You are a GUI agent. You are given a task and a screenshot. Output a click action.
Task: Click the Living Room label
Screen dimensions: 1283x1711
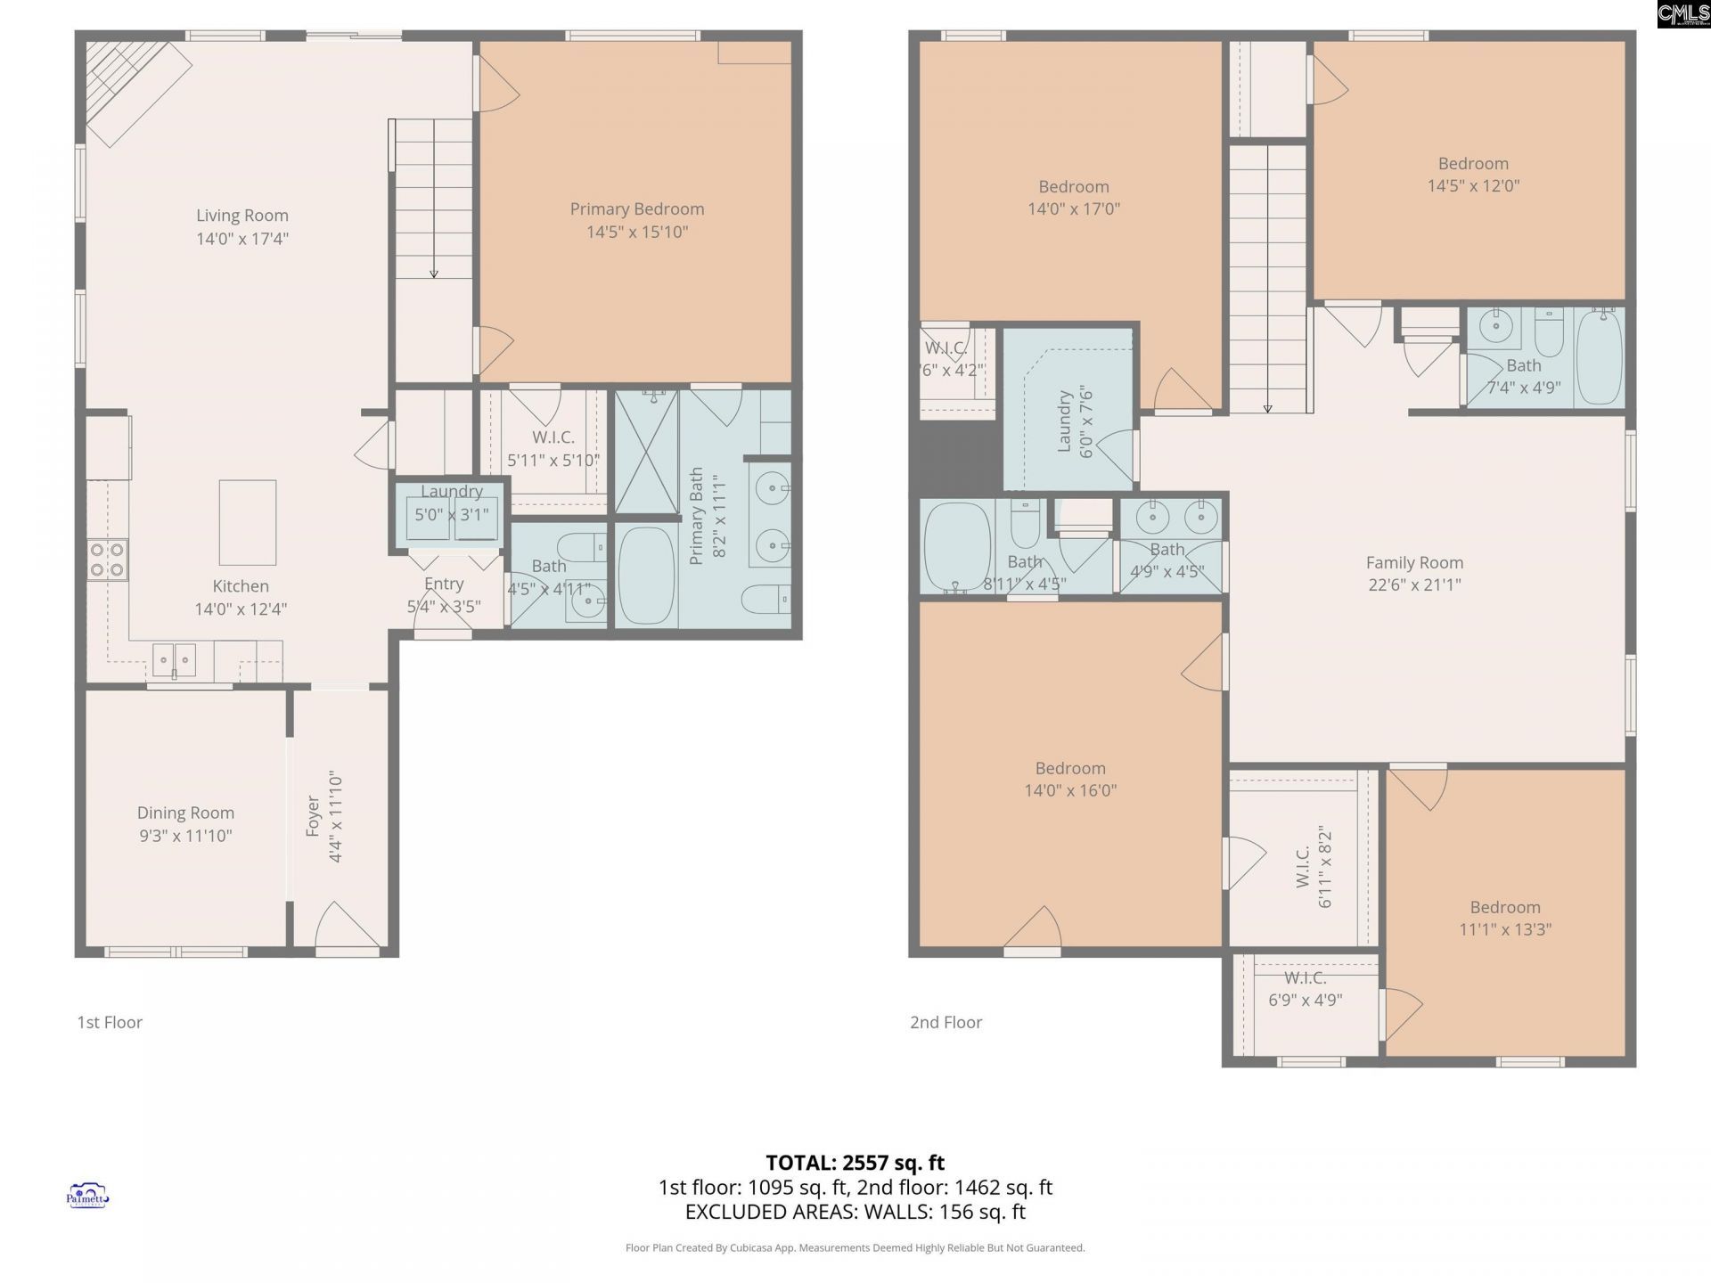click(x=242, y=216)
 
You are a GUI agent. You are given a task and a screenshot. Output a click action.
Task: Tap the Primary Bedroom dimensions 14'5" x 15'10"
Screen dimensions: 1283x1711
click(x=637, y=232)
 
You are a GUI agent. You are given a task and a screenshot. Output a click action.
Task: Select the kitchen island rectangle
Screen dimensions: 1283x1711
click(x=248, y=522)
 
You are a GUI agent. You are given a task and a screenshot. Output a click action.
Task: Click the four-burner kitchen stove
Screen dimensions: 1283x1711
click(x=107, y=560)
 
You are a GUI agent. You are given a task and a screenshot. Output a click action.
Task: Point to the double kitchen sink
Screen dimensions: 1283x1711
click(x=174, y=660)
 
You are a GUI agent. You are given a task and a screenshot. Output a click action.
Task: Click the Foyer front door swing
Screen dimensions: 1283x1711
click(x=344, y=927)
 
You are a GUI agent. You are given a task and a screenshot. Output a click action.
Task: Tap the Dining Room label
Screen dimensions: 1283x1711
click(x=185, y=813)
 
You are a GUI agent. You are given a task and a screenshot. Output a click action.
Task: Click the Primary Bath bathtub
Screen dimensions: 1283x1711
click(x=646, y=576)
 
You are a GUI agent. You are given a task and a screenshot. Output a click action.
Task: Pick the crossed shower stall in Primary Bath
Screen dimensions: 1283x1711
click(x=646, y=452)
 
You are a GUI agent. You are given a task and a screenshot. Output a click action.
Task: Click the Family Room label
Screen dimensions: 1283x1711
click(x=1414, y=563)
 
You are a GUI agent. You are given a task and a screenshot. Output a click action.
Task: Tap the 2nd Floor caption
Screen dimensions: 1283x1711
click(x=946, y=1022)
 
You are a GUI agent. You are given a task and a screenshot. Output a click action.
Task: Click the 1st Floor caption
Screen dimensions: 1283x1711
click(x=110, y=1022)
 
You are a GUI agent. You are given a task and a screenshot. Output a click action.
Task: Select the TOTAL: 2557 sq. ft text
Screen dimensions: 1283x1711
click(x=855, y=1163)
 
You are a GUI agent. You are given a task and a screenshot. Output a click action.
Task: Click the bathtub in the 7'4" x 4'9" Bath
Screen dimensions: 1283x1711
click(x=1600, y=356)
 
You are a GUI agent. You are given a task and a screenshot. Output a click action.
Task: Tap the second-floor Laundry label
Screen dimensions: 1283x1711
click(x=1064, y=421)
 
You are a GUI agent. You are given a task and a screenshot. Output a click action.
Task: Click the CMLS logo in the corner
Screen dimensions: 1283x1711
click(x=1683, y=13)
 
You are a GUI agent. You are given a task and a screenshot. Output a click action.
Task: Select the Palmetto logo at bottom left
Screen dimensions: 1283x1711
click(x=87, y=1196)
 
